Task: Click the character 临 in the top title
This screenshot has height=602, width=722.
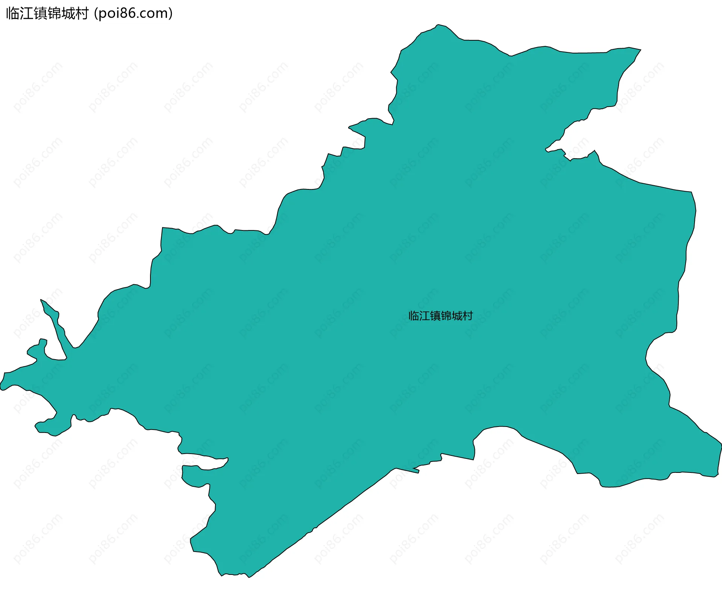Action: tap(13, 14)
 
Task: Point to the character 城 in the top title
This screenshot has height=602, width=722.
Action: tap(68, 14)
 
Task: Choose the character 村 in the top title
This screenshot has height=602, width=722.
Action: tap(82, 14)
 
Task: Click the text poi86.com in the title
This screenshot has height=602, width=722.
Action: tap(133, 14)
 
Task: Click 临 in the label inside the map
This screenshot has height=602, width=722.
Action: tap(414, 316)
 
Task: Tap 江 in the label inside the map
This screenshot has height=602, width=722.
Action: tap(425, 316)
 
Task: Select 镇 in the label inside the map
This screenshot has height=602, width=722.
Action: tap(435, 316)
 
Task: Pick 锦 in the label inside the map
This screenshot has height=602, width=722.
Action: tap(446, 316)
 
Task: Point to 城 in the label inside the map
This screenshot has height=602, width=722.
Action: tap(457, 316)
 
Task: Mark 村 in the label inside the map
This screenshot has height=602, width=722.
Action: tap(467, 316)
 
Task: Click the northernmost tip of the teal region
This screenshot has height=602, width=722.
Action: tap(438, 25)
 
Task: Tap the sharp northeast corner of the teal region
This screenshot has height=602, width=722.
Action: tap(640, 50)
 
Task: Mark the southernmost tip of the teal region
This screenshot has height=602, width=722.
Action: tap(249, 577)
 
